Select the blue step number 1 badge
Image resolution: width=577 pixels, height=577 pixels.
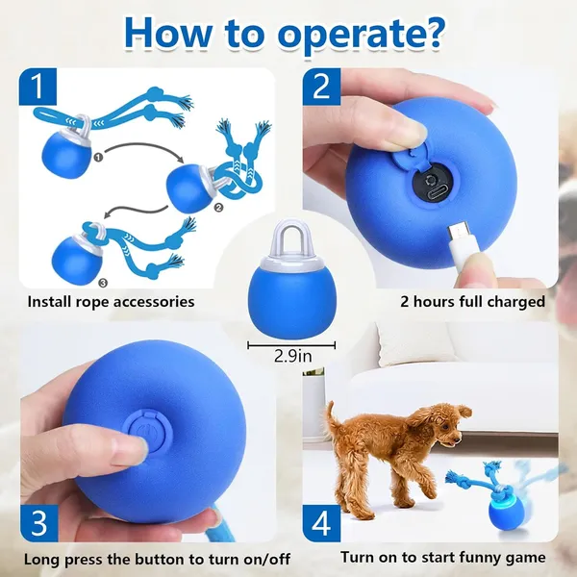tap(36, 88)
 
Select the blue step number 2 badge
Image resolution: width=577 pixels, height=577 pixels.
tap(319, 88)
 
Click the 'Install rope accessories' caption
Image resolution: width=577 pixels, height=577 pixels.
tap(111, 302)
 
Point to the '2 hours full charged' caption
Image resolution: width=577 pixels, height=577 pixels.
tap(472, 302)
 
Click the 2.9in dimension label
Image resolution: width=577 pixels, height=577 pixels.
tap(287, 357)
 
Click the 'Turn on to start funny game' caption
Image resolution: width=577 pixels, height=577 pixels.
tap(443, 558)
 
